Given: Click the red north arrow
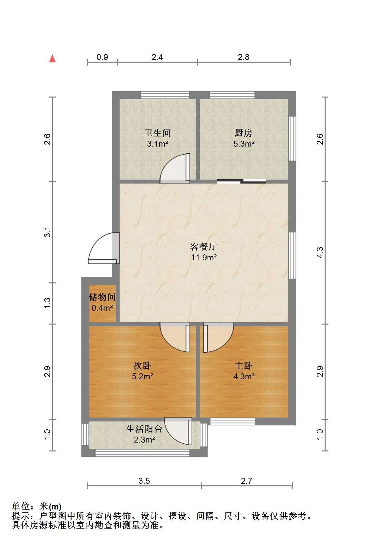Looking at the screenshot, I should coord(52,58).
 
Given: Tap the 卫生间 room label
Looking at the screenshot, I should coord(158,133).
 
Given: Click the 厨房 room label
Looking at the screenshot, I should coord(244,133).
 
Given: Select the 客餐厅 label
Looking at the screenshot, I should coord(204,246).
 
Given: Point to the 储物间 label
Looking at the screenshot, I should coord(102,297).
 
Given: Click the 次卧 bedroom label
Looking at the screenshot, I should coord(142,365).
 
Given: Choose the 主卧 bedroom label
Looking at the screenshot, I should coord(244,365).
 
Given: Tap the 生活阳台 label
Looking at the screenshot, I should coord(144,429).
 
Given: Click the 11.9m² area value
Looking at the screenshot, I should coord(204,257).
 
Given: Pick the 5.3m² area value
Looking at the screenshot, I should coord(244,144).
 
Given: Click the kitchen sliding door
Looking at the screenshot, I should coord(242,181).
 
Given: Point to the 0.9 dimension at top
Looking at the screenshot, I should coord(102,57).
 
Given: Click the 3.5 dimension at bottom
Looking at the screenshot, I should coord(144,481).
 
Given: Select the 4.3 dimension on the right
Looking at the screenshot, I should coord(320,252).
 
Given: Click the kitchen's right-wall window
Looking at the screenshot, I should coord(292,138).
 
